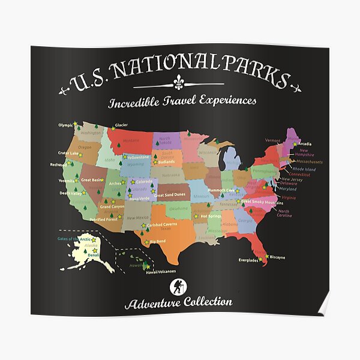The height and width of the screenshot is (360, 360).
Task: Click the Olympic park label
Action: pos(65,125)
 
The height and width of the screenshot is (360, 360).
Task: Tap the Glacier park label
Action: pos(121,125)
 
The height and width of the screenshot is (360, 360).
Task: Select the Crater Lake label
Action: pos(68,153)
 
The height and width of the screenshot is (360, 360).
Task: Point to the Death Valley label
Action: pos(70,193)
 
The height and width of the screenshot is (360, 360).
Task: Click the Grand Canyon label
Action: pos(112,206)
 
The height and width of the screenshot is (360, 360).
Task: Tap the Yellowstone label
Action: pos(138,157)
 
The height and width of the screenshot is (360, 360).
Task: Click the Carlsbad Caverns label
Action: pos(163,225)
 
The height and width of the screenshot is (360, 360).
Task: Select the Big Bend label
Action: pos(157,241)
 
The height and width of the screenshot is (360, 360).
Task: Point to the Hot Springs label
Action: pos(211,215)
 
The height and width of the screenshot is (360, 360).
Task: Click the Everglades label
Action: pos(248,260)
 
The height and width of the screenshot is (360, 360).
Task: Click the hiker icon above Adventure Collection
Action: pos(178,286)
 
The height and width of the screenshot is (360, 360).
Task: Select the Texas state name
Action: pos(166,229)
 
